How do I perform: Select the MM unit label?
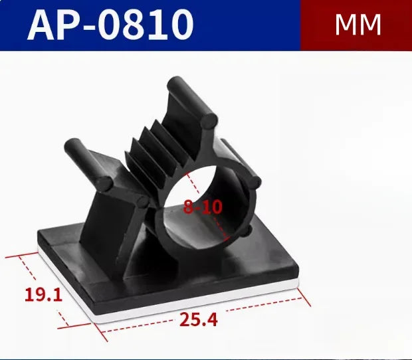[358, 25]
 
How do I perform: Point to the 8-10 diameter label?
[203, 207]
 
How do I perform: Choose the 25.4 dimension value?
[198, 321]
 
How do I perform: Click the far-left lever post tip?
[70, 145]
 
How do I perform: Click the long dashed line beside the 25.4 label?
[266, 307]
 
